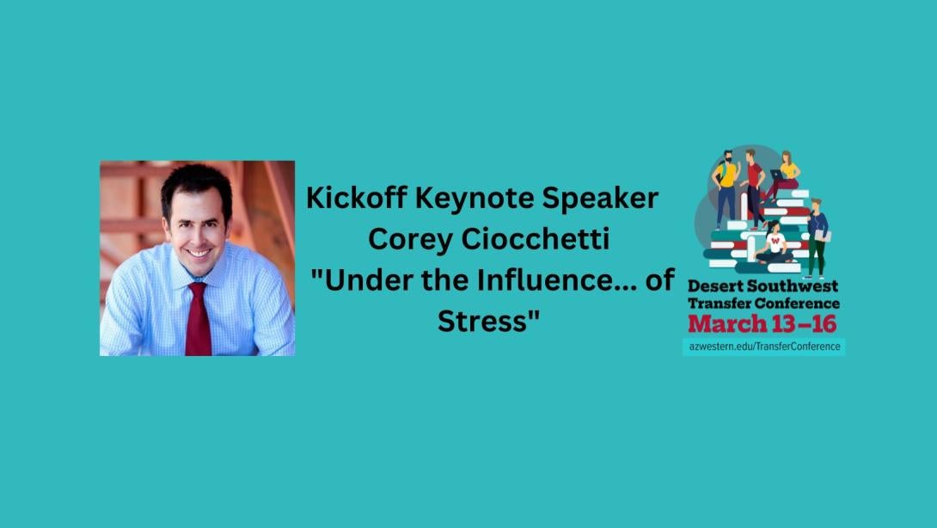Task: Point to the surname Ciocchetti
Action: tap(536, 239)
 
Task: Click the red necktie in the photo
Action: tap(198, 319)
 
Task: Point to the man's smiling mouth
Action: tap(198, 254)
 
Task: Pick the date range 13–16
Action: tap(804, 324)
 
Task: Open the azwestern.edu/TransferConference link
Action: tap(764, 347)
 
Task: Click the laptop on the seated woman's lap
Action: tap(777, 175)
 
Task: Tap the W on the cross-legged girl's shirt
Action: tap(775, 241)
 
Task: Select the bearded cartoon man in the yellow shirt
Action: tap(726, 188)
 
